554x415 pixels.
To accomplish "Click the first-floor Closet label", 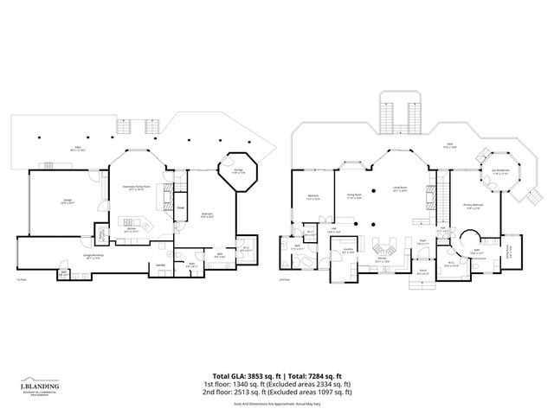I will pos(182,207).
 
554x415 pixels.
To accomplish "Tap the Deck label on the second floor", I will pos(449,148).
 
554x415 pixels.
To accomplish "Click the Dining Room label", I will pos(352,198).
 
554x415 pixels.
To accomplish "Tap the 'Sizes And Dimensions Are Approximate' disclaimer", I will pos(277,403).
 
